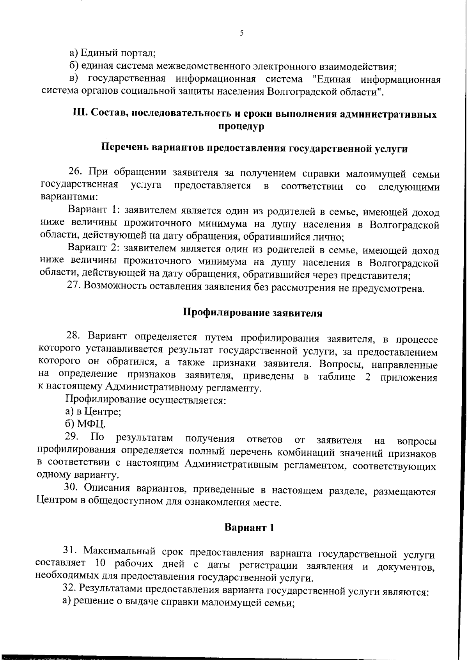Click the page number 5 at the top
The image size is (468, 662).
tap(241, 33)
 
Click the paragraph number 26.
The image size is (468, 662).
tap(75, 172)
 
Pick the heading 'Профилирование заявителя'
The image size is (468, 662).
tap(253, 313)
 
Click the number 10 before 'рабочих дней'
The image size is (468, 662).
tap(100, 564)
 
